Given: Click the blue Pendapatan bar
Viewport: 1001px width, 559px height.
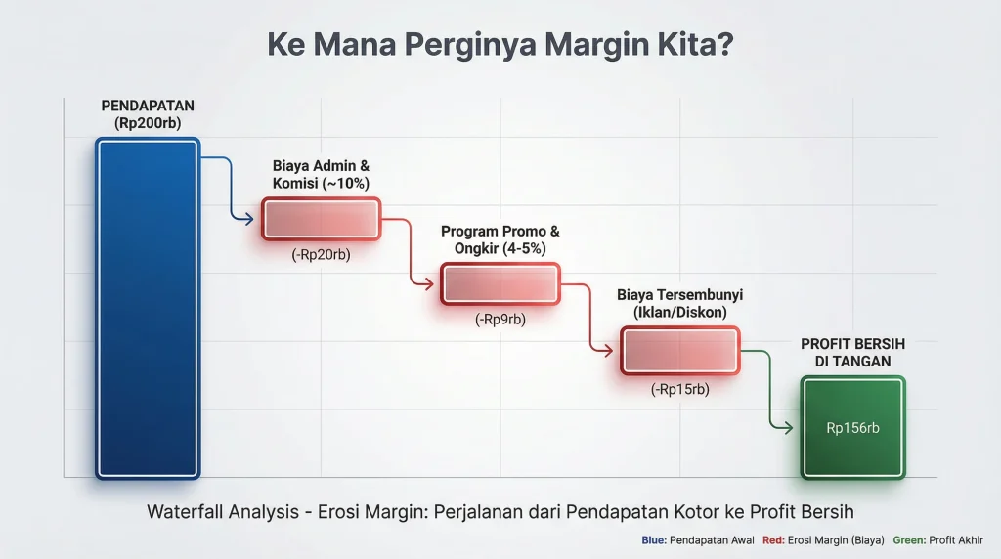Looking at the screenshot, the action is [148, 308].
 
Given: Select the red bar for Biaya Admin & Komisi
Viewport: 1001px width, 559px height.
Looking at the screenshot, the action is [321, 219].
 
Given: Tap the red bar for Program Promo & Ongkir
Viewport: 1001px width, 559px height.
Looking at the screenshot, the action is [500, 284].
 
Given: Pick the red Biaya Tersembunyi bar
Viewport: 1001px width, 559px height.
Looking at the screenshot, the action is [680, 350].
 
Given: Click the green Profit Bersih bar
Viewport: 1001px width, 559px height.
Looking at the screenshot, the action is [852, 427].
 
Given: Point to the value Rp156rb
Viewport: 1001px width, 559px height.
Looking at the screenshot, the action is [852, 427].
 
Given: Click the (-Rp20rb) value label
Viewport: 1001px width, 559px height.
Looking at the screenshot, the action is [321, 255].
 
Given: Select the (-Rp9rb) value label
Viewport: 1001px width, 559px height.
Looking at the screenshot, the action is [500, 319].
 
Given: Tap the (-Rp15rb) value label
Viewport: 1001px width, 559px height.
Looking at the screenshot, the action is [680, 389].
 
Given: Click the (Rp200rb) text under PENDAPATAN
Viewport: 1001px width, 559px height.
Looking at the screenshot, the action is [148, 123].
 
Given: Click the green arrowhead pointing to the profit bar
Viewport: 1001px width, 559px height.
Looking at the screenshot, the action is [787, 427].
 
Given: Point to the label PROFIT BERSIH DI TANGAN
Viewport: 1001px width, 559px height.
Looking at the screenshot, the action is [852, 352].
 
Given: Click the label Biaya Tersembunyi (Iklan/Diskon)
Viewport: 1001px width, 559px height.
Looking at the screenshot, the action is [680, 303].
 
